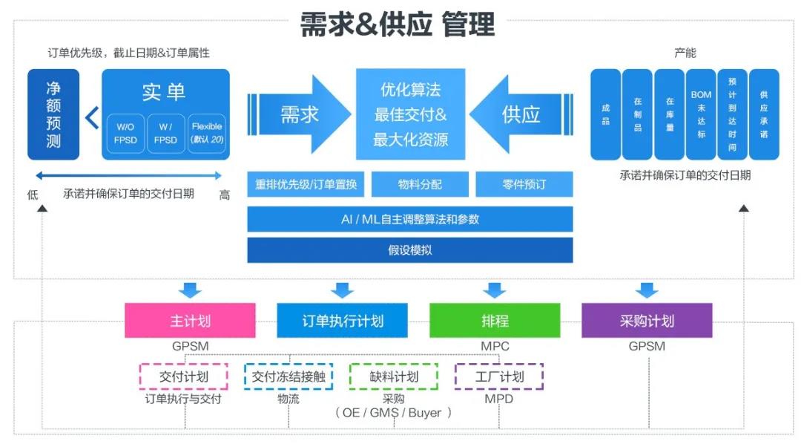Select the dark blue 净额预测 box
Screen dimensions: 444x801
[x=53, y=115]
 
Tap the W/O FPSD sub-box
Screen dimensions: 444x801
[x=125, y=134]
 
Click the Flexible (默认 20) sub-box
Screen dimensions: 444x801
[x=207, y=134]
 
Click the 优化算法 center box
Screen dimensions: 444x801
[x=410, y=114]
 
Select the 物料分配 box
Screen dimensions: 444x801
[x=420, y=184]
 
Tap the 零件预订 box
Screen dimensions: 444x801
[x=524, y=184]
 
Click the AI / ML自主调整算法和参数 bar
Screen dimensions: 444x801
[x=410, y=219]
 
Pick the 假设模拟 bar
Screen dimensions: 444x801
[x=410, y=250]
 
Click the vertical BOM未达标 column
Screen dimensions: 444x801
[x=701, y=114]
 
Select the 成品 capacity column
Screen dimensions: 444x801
[x=605, y=114]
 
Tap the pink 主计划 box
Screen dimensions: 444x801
[x=190, y=321]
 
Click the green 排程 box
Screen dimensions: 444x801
[x=495, y=321]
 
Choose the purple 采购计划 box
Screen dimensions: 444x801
[x=647, y=321]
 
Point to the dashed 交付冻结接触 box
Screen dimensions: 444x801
[x=289, y=376]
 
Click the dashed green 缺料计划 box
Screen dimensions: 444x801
[x=394, y=376]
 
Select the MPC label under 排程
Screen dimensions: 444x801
[x=495, y=346]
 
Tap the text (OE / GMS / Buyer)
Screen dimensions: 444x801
[x=393, y=413]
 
